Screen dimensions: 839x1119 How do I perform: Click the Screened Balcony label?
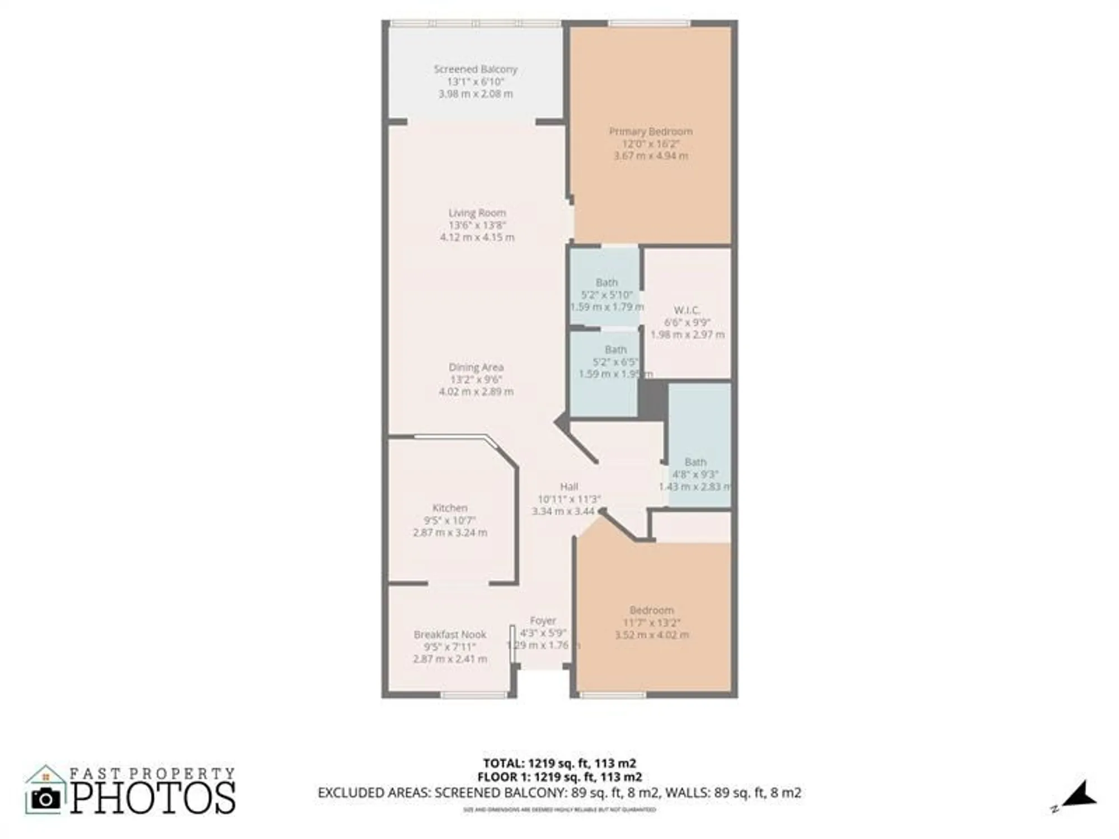pyautogui.click(x=476, y=69)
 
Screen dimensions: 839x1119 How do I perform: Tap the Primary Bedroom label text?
pyautogui.click(x=651, y=131)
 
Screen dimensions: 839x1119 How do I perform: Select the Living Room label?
pyautogui.click(x=477, y=213)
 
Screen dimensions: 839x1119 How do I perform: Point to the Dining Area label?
pyautogui.click(x=476, y=367)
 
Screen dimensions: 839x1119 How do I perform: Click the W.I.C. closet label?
pyautogui.click(x=687, y=310)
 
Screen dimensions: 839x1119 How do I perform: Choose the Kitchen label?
pyautogui.click(x=450, y=508)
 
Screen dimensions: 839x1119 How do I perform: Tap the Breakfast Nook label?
pyautogui.click(x=450, y=635)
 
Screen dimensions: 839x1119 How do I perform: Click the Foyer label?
pyautogui.click(x=543, y=621)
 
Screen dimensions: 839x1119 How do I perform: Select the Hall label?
pyautogui.click(x=569, y=487)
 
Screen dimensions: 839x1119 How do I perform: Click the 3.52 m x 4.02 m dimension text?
pyautogui.click(x=652, y=635)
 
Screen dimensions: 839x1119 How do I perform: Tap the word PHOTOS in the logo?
pyautogui.click(x=153, y=799)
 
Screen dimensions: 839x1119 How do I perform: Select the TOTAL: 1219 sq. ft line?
pyautogui.click(x=559, y=763)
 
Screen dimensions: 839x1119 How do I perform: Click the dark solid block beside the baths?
pyautogui.click(x=653, y=399)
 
